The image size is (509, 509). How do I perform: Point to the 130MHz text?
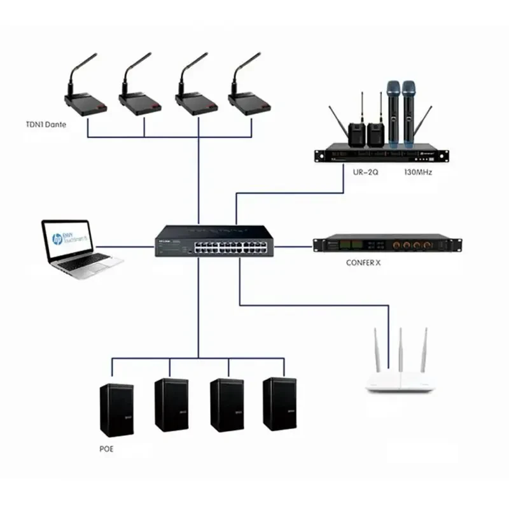418,172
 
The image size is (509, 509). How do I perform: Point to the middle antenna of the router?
400,348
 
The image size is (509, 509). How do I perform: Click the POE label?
106,449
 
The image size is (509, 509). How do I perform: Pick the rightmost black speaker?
279,405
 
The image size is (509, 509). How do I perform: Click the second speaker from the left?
171,405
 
